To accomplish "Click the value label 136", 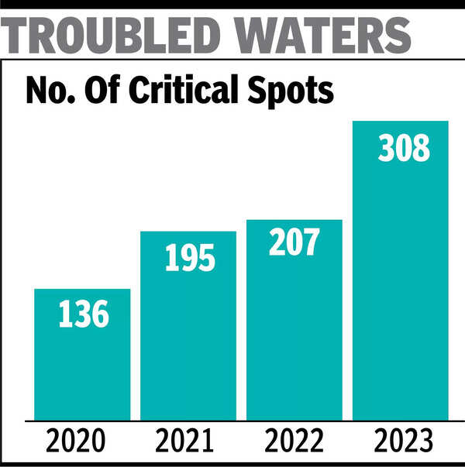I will coord(83,315).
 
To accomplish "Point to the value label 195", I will coord(189,258).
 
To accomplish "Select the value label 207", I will coord(294,242).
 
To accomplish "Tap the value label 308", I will coord(404,147).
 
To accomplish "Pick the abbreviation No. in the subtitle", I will coord(47,91).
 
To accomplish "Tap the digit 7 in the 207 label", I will coord(311,242).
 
